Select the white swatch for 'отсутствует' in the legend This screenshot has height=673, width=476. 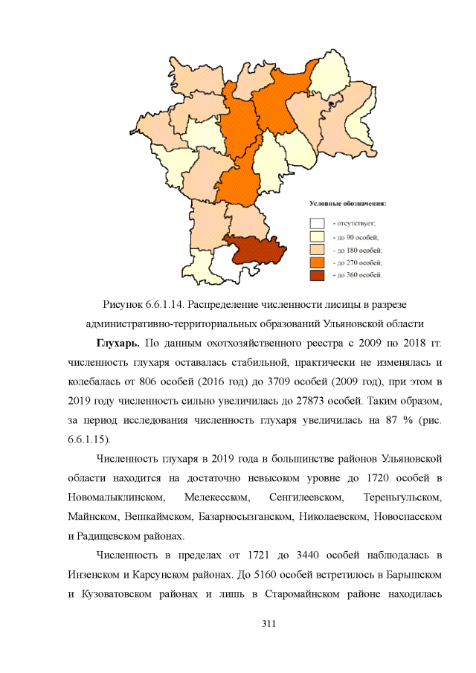click(x=318, y=222)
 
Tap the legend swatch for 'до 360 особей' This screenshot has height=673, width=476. click(x=318, y=274)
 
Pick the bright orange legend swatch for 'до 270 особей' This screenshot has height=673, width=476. click(x=318, y=262)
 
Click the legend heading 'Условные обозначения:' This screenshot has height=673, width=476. click(x=353, y=203)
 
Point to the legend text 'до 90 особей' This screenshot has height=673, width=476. click(x=358, y=236)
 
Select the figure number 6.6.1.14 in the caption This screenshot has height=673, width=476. click(x=172, y=306)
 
